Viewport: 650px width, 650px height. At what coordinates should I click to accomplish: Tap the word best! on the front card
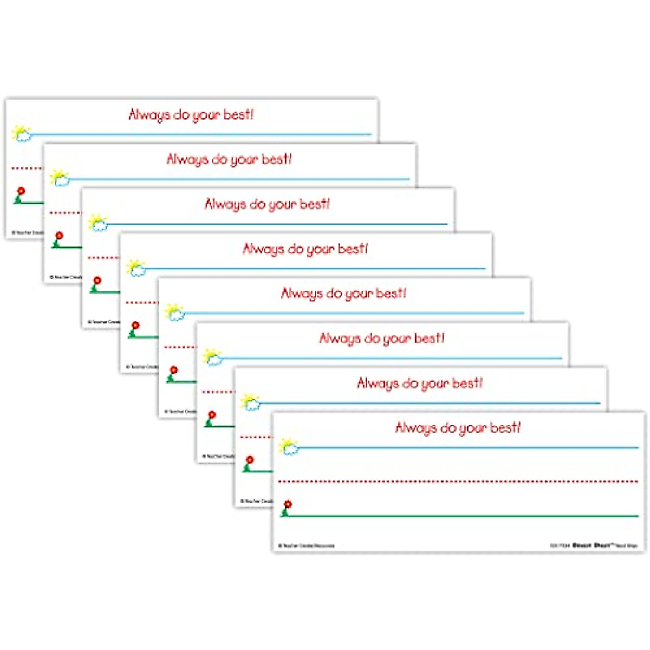tap(505, 427)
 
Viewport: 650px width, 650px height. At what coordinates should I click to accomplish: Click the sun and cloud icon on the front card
tap(289, 446)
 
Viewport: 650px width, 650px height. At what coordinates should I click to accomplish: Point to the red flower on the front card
tap(288, 505)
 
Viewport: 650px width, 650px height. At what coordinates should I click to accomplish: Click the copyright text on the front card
tap(307, 545)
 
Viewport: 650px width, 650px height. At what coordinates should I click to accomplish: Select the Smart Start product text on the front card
tap(594, 545)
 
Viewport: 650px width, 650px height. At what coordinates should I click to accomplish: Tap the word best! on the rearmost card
tap(238, 114)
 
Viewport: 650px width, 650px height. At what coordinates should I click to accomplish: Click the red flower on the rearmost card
tap(21, 192)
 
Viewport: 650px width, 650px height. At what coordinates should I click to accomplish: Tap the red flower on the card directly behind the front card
tap(250, 460)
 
